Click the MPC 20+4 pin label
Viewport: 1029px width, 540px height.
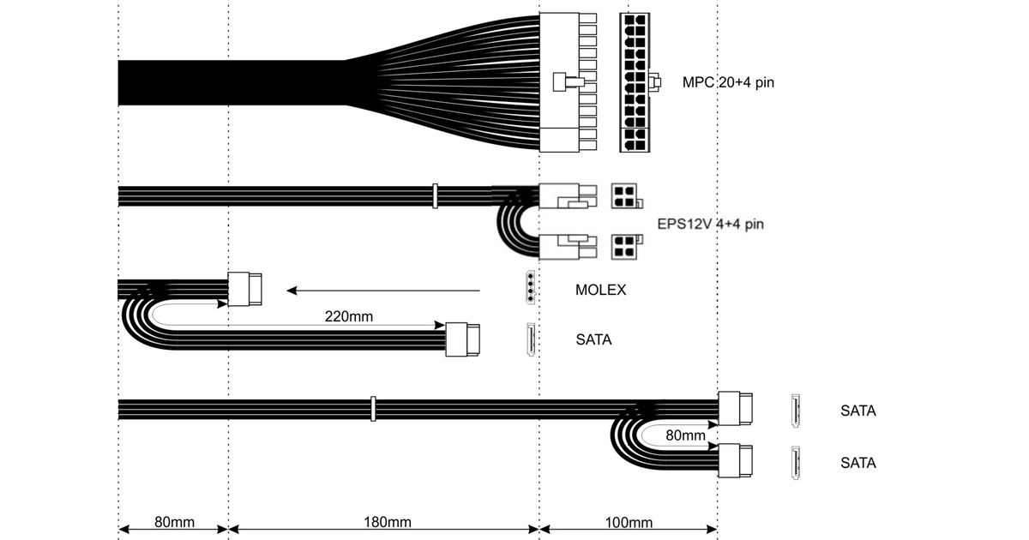728,83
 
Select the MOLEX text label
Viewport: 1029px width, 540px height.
600,290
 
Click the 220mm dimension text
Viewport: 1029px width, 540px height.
348,315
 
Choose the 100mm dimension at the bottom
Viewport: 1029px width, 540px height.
628,522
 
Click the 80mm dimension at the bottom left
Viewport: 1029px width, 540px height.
172,522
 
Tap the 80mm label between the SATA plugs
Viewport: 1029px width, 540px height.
685,435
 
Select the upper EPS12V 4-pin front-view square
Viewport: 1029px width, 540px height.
623,197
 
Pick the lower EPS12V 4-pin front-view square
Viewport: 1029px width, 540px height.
623,246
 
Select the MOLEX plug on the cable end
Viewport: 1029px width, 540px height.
246,289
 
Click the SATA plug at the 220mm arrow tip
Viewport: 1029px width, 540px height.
463,339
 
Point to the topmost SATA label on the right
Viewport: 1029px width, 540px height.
857,411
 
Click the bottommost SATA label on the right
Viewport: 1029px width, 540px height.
857,463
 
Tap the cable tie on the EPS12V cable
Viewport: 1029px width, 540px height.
435,196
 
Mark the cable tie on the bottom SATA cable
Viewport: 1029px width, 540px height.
373,409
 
